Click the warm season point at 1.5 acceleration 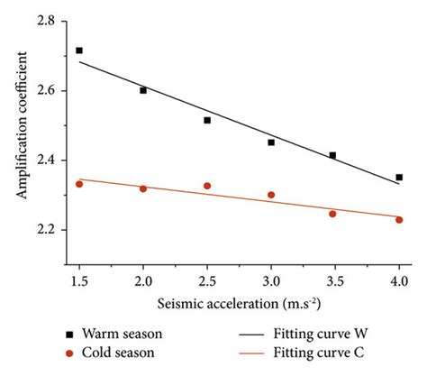pos(79,50)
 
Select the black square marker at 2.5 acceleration pos(207,120)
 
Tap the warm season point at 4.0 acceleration pos(399,178)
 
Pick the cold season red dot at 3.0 pos(271,195)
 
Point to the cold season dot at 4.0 pos(399,220)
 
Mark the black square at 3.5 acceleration pos(332,155)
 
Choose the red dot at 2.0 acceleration pos(143,188)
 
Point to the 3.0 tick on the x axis pos(271,269)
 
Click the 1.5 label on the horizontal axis pos(79,269)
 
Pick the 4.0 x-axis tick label pos(399,269)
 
